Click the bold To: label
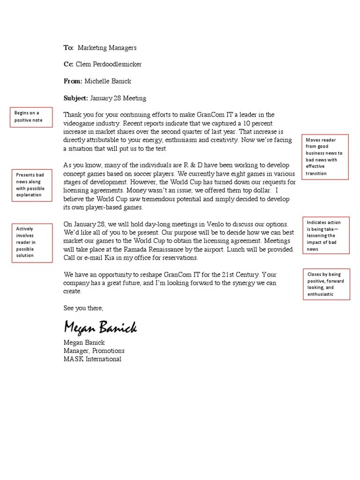pos(69,47)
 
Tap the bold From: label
pos(73,81)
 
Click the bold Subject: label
pos(75,98)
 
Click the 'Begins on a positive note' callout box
pos(31,117)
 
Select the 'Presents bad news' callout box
pos(31,185)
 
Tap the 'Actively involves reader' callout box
pos(31,242)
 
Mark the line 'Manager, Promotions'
pos(94,351)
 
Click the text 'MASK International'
pos(92,359)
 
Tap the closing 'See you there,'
pos(83,308)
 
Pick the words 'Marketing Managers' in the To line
pos(107,47)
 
